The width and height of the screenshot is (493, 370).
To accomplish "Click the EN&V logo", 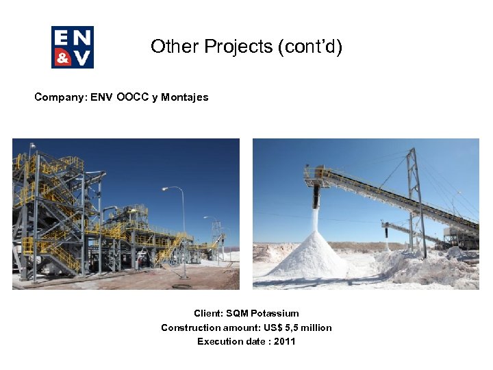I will [x=73, y=47].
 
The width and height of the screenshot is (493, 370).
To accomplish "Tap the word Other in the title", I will [x=168, y=47].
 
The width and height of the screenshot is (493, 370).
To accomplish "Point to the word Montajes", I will [x=185, y=97].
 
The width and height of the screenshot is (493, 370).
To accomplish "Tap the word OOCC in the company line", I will [x=131, y=97].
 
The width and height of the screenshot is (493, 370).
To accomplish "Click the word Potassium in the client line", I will [x=275, y=314].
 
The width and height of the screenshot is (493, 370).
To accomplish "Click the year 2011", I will [x=284, y=341].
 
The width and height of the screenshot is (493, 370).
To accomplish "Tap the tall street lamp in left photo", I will [x=182, y=226].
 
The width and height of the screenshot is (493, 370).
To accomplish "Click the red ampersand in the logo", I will [x=63, y=58].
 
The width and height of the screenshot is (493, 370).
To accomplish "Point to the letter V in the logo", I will [x=83, y=58].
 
